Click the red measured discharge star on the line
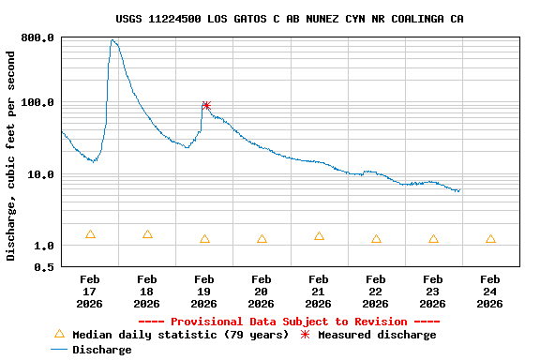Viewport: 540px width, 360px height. tap(206, 106)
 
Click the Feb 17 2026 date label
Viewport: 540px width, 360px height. tap(90, 292)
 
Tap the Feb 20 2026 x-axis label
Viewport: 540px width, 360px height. tap(262, 292)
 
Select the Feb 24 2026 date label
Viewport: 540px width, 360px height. tap(490, 292)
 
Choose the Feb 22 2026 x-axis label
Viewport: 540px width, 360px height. tap(376, 292)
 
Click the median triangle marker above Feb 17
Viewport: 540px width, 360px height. tap(90, 234)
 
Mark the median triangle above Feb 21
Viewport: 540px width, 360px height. tap(319, 236)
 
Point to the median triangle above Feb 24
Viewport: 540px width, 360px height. tap(490, 239)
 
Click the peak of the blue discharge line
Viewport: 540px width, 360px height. tap(112, 40)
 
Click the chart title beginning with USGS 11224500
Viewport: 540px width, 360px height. tap(290, 19)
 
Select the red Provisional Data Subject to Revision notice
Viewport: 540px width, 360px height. tap(290, 322)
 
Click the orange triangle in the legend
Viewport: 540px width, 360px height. tap(59, 334)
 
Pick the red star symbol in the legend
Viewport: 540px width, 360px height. tap(305, 335)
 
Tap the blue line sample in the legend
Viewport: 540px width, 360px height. tap(59, 350)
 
